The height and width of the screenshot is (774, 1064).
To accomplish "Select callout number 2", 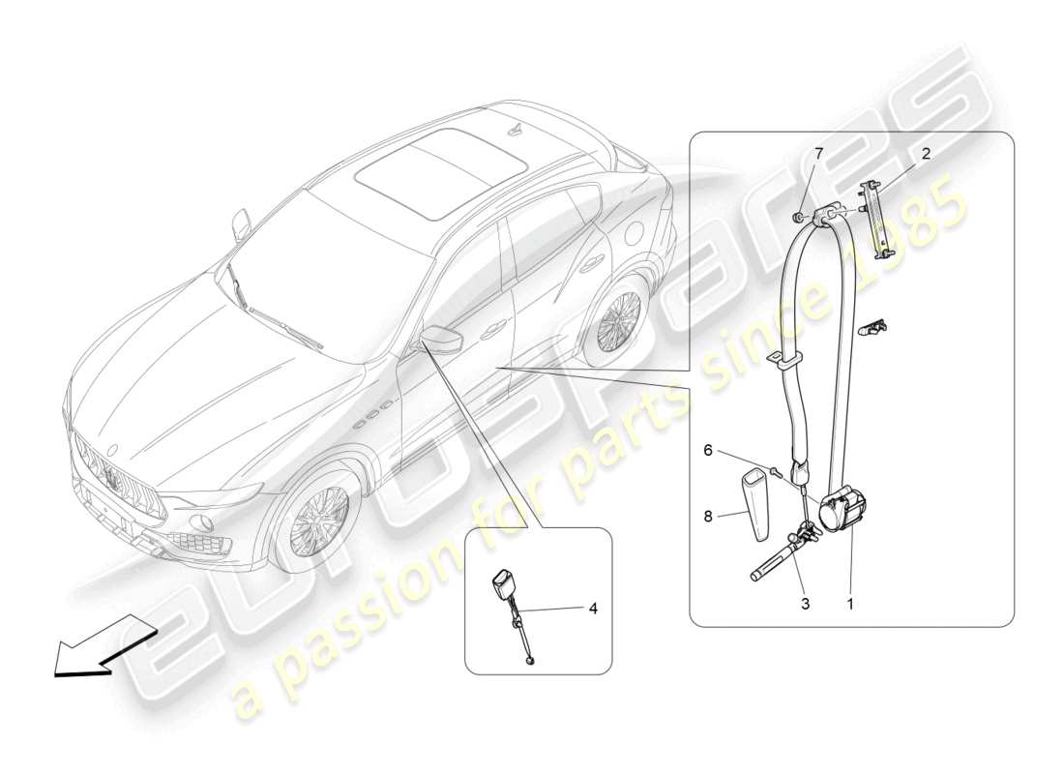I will click(x=926, y=153).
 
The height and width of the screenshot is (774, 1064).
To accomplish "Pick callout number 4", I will click(x=592, y=610).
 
